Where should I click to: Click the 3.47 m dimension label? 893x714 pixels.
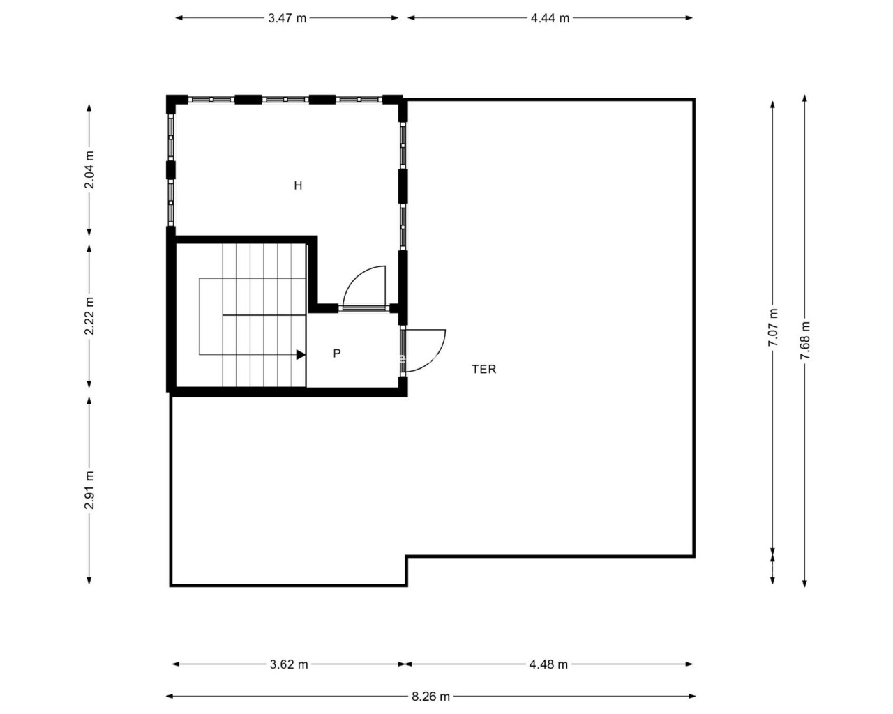point(287,18)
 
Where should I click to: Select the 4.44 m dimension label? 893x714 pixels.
point(550,18)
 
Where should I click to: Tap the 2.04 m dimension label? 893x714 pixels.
point(89,169)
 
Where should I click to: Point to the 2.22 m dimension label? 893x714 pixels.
point(89,316)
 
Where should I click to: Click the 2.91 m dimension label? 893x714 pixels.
point(89,490)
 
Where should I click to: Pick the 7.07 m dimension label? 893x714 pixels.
point(773,328)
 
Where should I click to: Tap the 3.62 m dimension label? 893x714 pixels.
point(289,664)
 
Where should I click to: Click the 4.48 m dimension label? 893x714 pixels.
point(548,664)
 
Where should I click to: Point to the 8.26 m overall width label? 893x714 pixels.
point(430,697)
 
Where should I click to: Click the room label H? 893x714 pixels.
point(298,185)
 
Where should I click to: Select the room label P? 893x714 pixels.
point(337,354)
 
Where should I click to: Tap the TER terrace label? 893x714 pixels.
point(484,370)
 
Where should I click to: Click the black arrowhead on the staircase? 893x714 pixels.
point(301,355)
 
